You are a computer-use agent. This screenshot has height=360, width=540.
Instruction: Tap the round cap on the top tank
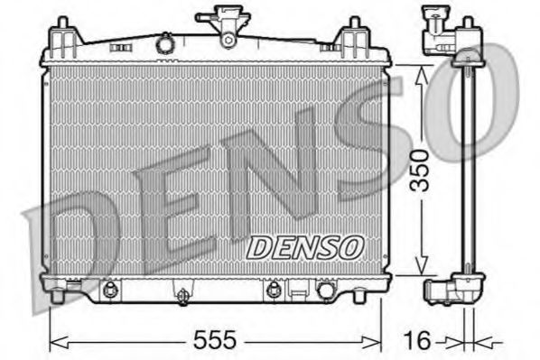164,42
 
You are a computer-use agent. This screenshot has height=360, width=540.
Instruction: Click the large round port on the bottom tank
324,291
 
